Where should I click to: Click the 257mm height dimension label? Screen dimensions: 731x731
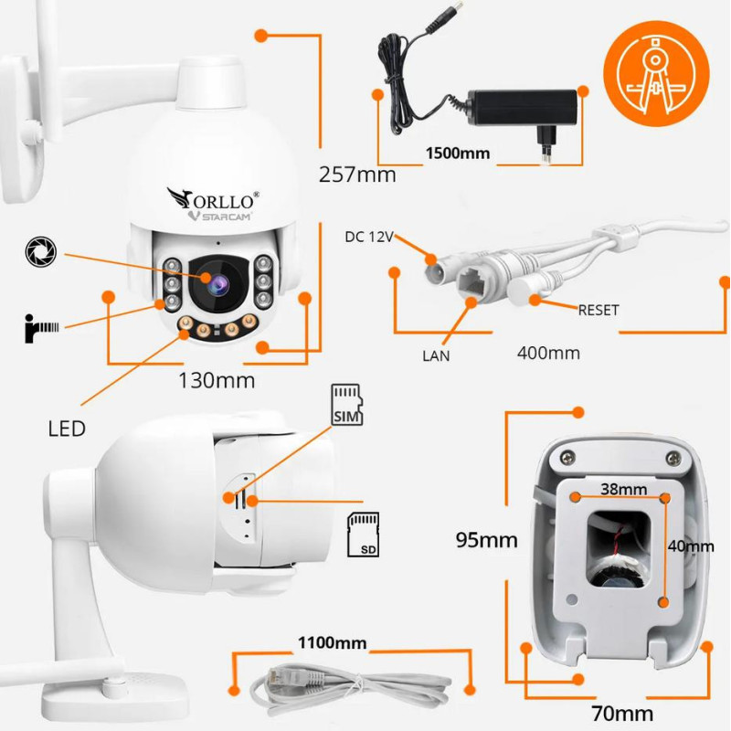(x=357, y=174)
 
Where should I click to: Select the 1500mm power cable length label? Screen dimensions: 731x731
(x=457, y=153)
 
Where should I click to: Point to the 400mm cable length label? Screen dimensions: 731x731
(x=548, y=352)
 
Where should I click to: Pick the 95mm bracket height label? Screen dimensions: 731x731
(x=487, y=539)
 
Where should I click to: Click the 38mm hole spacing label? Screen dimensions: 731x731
(x=621, y=490)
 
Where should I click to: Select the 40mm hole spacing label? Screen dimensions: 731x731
(x=693, y=546)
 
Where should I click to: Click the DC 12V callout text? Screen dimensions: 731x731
(x=368, y=238)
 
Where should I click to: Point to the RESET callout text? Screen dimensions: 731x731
(x=599, y=310)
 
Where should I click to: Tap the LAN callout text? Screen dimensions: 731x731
(x=436, y=355)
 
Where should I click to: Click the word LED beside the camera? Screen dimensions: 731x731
(x=68, y=428)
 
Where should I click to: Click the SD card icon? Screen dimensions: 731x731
(x=364, y=535)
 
